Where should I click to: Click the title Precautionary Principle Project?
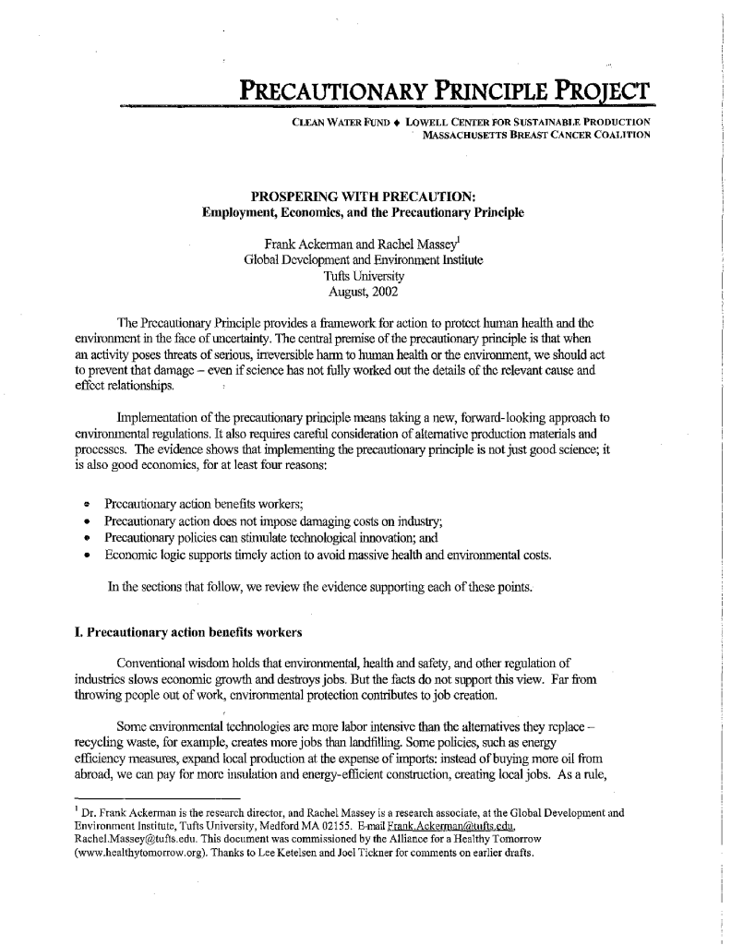(x=446, y=91)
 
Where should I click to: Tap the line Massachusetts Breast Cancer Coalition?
(x=536, y=135)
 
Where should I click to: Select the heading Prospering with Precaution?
(x=363, y=197)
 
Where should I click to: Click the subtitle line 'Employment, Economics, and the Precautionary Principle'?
(x=363, y=213)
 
